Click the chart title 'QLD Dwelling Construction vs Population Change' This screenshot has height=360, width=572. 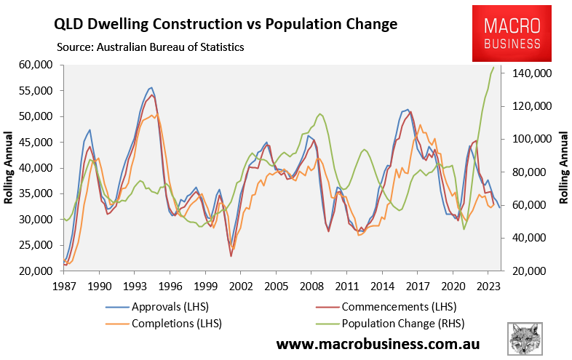pos(226,24)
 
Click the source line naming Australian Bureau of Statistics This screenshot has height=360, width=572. pos(150,47)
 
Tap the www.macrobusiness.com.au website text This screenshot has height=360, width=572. pos(378,343)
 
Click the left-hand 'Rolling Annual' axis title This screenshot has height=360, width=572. pos(11,168)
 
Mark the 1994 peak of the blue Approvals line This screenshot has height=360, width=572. pos(151,87)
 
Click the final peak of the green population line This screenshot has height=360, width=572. pos(494,68)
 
